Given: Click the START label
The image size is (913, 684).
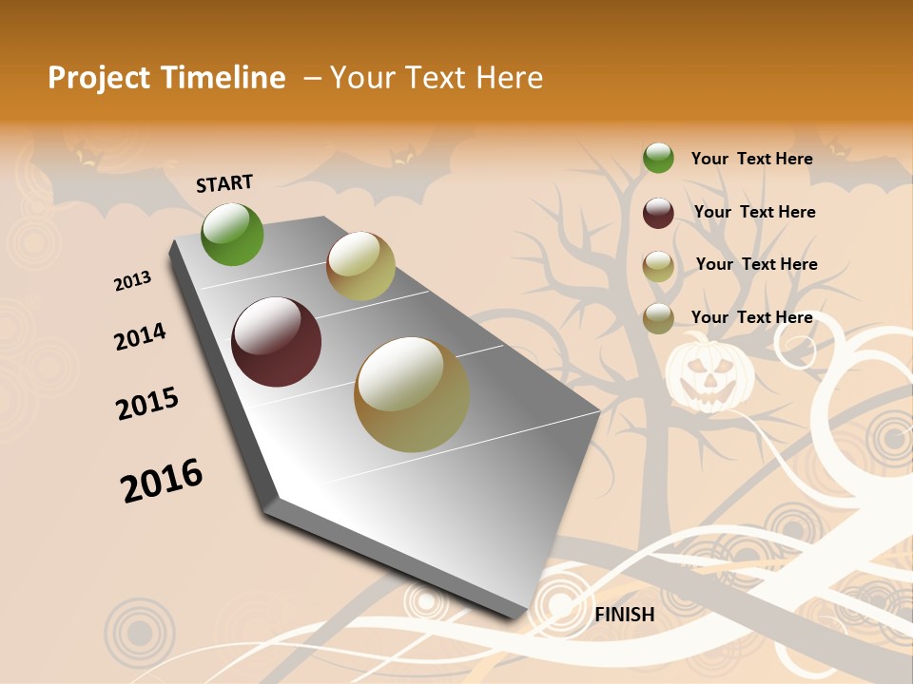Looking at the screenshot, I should tap(224, 183).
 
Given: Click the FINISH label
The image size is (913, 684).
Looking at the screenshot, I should tap(624, 615).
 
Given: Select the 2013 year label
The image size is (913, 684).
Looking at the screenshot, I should tap(132, 281).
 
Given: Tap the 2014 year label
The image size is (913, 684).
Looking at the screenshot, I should tap(140, 337).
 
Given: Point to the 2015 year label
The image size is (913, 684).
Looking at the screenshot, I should tap(147, 404).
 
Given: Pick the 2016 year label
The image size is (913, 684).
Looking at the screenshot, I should tap(162, 481).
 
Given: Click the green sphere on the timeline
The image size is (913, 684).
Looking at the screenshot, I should tap(233, 235).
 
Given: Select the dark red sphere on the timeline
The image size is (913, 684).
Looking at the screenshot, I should tap(277, 342).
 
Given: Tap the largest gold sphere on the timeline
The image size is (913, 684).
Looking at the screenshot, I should tap(412, 394).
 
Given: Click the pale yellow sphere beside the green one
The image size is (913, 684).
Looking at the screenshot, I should tap(360, 266).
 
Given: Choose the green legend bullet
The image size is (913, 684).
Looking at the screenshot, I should tap(658, 159).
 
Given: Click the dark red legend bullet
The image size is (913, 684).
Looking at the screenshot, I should tap(658, 213).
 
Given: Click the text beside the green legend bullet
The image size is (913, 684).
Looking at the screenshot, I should tap(751, 159).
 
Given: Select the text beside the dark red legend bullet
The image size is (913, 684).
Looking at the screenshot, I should tap(754, 212).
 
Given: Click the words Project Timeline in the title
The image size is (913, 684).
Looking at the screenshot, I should tap(166, 78).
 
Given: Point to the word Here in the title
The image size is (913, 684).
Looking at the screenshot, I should tap(509, 78).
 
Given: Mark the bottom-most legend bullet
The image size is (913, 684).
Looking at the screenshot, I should tap(658, 318).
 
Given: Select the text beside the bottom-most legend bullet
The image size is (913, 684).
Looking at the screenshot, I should tap(751, 317).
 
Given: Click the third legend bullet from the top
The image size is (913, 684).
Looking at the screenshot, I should tap(658, 266).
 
